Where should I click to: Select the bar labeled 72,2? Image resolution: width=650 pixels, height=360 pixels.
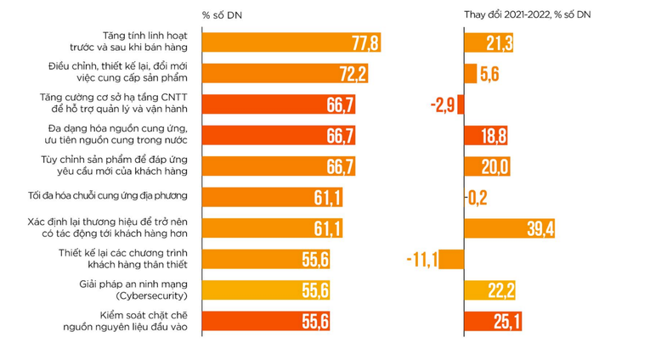[x=285, y=73]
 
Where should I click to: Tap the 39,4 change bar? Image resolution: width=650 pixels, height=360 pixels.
[x=511, y=228]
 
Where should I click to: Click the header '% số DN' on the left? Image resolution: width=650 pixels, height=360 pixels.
[x=222, y=15]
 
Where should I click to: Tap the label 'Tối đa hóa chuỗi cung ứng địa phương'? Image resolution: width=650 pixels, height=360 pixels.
[x=108, y=197]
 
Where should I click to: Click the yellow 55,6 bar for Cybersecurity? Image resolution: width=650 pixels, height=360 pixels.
[x=267, y=290]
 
